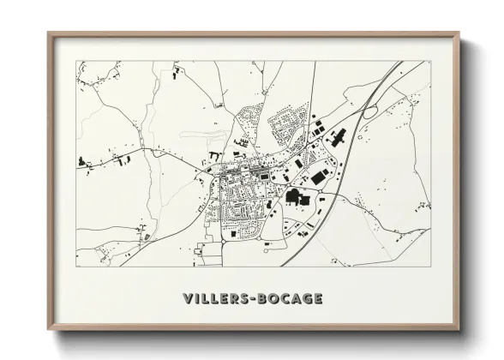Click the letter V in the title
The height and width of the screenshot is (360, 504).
[x=187, y=298]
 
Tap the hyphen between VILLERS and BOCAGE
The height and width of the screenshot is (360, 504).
[x=255, y=299]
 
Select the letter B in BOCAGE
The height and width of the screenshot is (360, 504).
[x=266, y=298]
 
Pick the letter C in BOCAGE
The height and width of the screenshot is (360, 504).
[x=285, y=298]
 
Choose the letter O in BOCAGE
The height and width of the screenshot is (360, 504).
[x=275, y=298]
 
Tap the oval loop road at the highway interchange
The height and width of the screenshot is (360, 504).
[x=370, y=111]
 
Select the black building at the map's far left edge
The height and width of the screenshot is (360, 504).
[x=84, y=160]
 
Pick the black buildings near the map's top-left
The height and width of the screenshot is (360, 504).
[x=176, y=75]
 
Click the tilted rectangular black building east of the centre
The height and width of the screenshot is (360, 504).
[x=320, y=177]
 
